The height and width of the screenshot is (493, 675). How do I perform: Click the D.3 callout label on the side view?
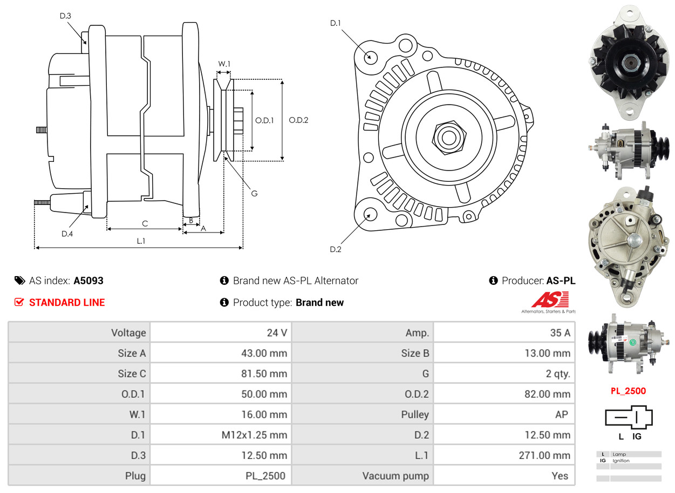point(65,16)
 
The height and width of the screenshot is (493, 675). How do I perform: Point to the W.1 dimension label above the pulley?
point(224,64)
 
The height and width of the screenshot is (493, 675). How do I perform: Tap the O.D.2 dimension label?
point(298,120)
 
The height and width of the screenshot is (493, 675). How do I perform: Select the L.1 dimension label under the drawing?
point(141,241)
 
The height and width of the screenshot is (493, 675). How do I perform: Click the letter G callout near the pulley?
point(254,193)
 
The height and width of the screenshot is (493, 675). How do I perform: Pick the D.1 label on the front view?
point(336,23)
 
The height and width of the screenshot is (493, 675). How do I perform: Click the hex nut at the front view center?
point(448,136)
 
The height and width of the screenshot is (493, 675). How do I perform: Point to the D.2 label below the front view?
point(336,249)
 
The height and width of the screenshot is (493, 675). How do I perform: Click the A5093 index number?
point(88,280)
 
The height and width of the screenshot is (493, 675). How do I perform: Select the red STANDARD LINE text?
point(67,303)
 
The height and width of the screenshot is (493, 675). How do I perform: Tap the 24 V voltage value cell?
point(277,333)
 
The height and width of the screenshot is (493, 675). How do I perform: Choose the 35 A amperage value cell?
point(560,333)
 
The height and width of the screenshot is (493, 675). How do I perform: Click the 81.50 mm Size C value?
point(264,374)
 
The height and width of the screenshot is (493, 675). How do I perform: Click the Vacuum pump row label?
point(396,476)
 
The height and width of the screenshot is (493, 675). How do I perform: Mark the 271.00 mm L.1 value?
point(544,456)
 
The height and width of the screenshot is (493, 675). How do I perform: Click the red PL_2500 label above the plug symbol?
point(628,391)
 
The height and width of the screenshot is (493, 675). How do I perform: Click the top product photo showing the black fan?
point(629,62)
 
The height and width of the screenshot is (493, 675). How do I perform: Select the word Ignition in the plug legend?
point(621,461)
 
